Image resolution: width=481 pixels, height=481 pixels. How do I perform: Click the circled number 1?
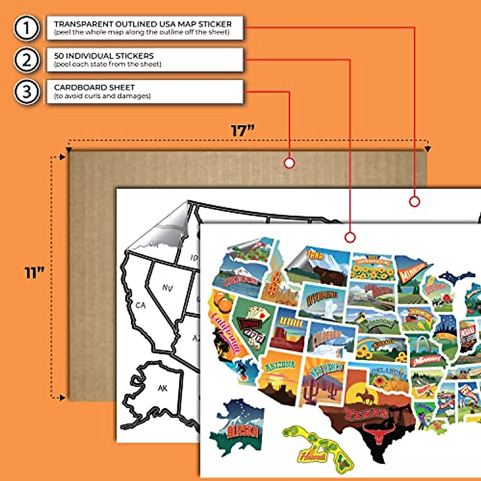[x=26, y=28]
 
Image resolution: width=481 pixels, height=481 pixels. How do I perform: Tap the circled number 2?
[x=26, y=60]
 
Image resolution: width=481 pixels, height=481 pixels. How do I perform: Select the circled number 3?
[x=26, y=92]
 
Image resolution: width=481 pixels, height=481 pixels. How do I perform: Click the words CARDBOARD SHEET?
[x=94, y=87]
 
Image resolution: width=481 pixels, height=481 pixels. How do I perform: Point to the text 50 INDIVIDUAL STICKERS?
[x=104, y=56]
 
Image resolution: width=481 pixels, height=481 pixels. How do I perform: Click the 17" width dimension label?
[x=243, y=131]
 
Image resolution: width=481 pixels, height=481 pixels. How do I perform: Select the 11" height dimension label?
[x=34, y=273]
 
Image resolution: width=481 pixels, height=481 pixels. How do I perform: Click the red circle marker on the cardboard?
[x=289, y=163]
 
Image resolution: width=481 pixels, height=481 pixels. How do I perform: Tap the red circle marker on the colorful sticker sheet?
[x=350, y=237]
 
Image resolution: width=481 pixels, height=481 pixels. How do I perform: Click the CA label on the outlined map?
[x=140, y=305]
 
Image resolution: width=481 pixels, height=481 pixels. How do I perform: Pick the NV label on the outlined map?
[x=168, y=287]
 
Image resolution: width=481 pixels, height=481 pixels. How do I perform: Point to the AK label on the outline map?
[x=162, y=388]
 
